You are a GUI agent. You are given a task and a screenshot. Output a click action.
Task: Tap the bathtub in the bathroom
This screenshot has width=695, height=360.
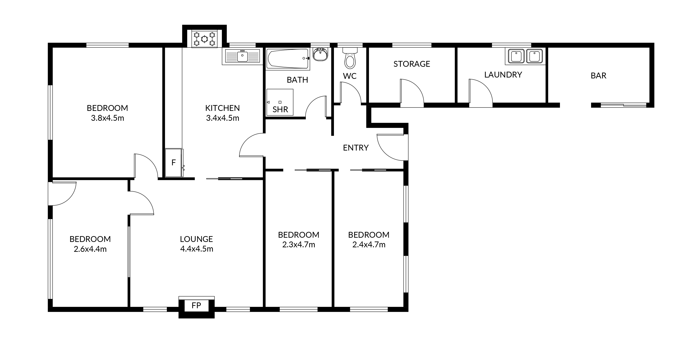pyautogui.click(x=288, y=58)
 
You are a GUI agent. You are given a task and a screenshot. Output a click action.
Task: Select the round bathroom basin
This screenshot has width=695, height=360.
pyautogui.click(x=320, y=54)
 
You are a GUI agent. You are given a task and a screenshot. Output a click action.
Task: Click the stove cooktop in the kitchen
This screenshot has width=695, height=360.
pyautogui.click(x=204, y=39)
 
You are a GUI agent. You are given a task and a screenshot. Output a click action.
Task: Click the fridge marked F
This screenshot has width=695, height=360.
pyautogui.click(x=174, y=162)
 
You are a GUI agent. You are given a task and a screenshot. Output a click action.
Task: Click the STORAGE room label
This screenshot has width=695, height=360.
pyautogui.click(x=412, y=64)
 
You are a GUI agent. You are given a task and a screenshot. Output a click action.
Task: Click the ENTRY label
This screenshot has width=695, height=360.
pyautogui.click(x=356, y=148)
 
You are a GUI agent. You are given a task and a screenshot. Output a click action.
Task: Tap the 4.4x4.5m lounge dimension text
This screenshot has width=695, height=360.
pyautogui.click(x=197, y=249)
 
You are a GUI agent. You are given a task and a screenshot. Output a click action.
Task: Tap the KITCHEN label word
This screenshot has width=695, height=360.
pyautogui.click(x=223, y=108)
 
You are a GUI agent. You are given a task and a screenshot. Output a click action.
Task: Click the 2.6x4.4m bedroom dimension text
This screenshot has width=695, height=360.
pyautogui.click(x=90, y=249)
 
